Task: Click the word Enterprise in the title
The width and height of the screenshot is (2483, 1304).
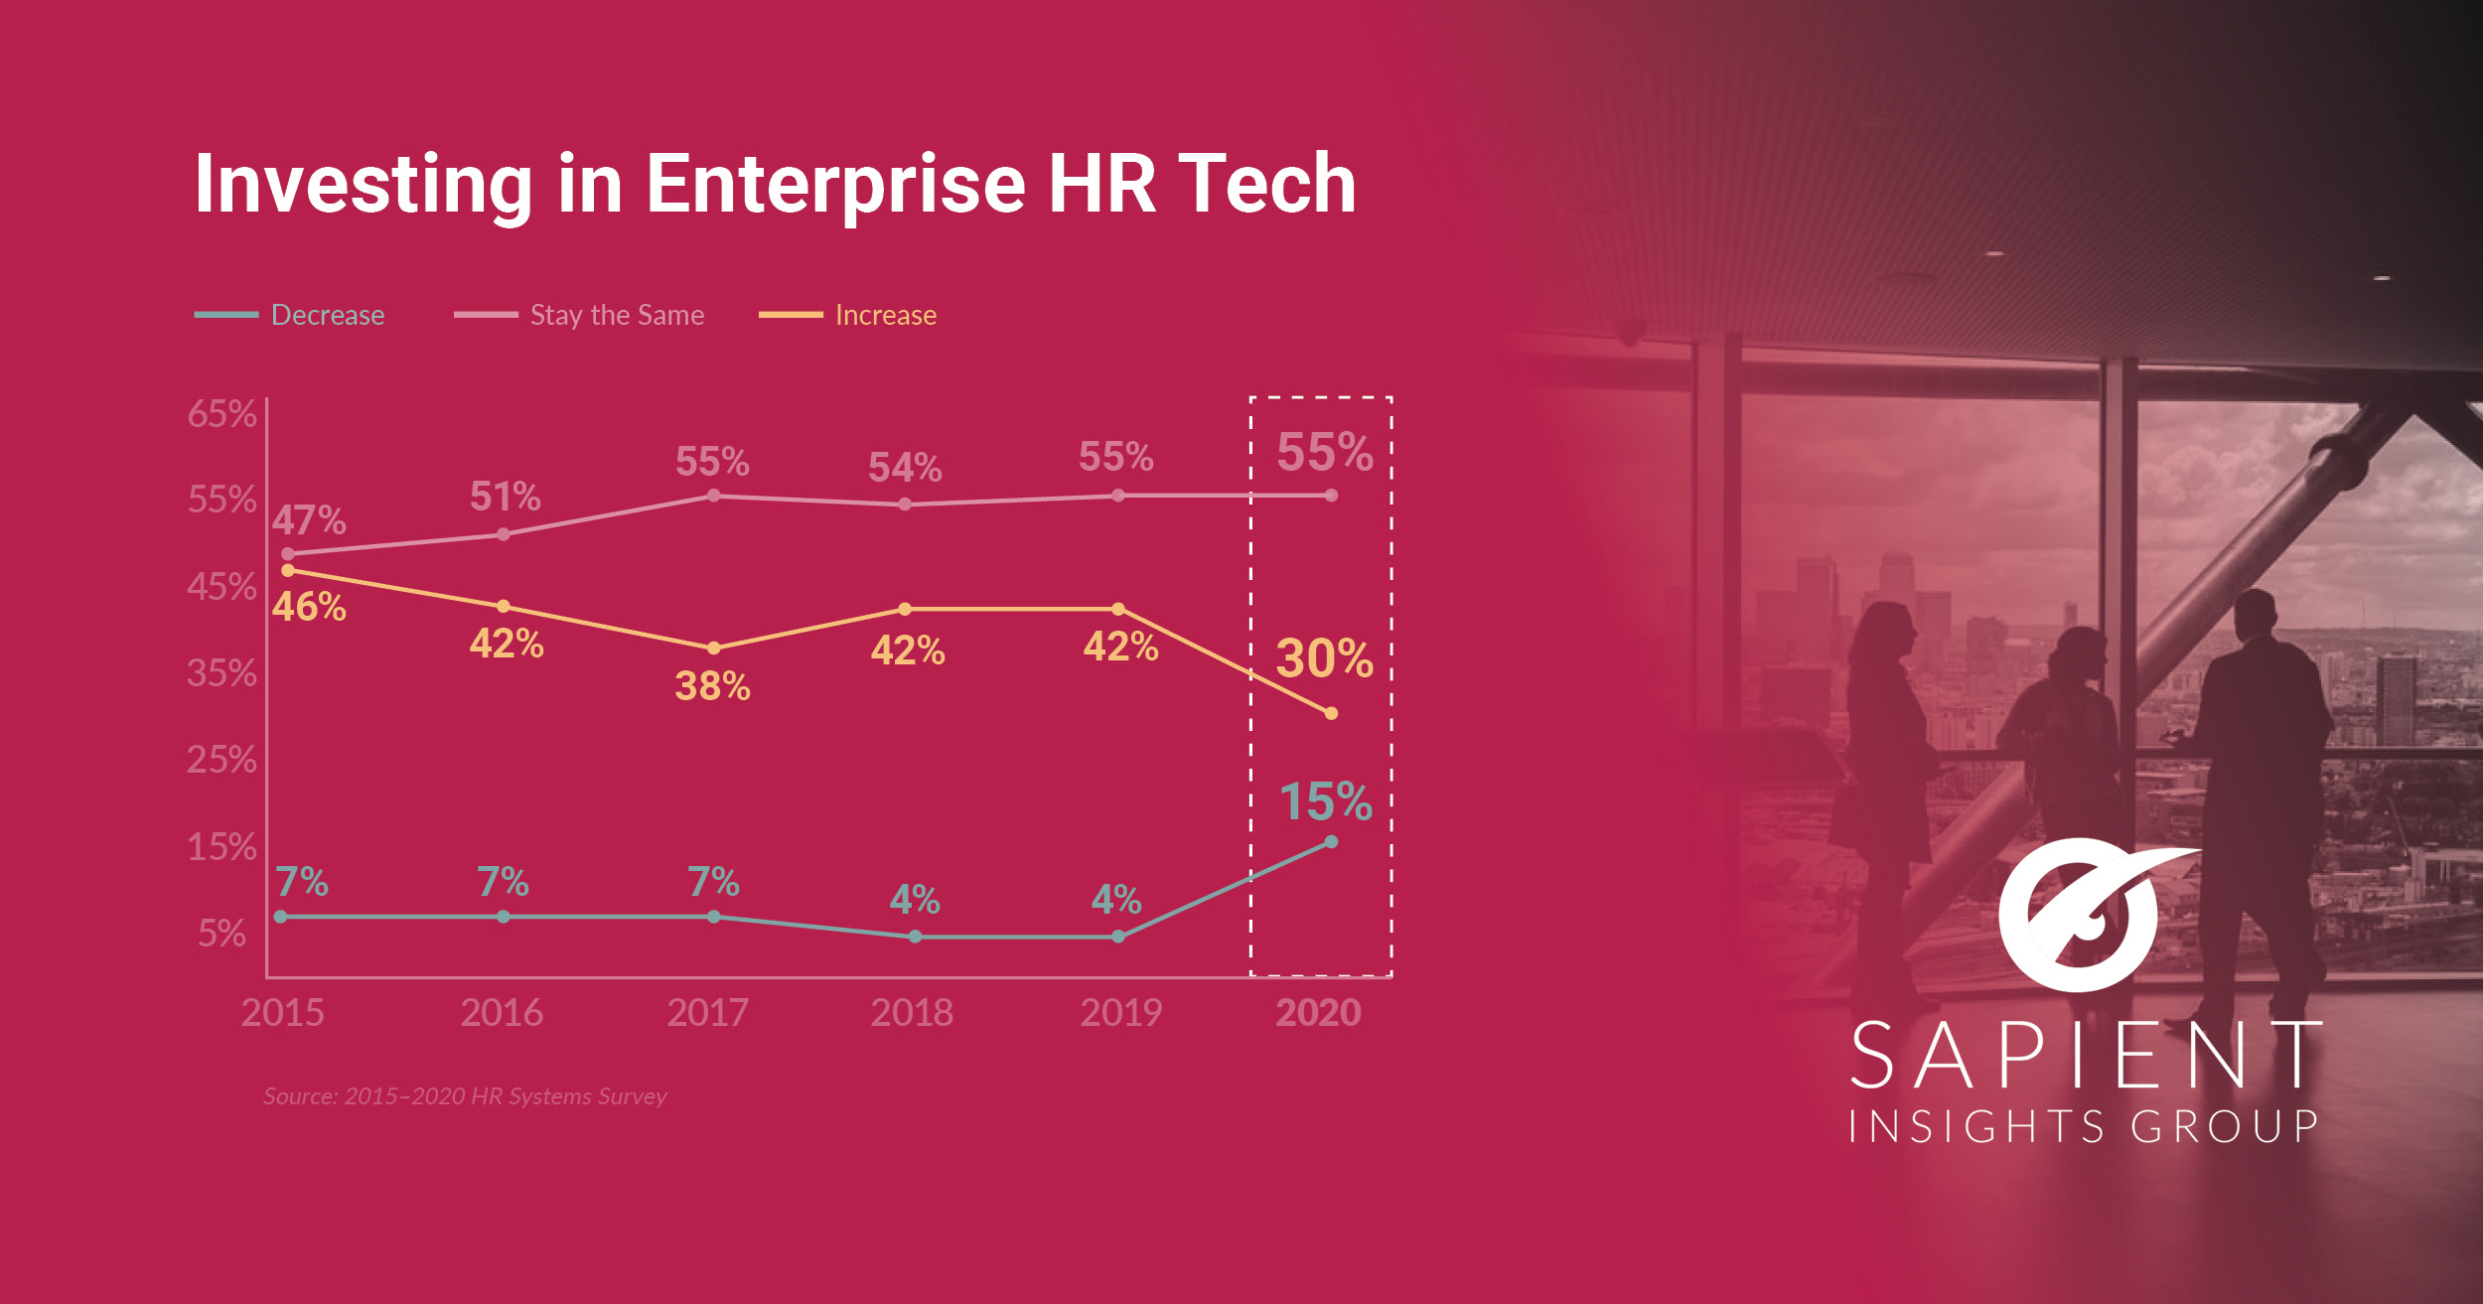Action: pyautogui.click(x=835, y=185)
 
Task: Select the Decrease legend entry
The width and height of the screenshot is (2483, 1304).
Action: pyautogui.click(x=327, y=315)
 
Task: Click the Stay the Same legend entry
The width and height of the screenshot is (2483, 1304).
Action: pyautogui.click(x=616, y=315)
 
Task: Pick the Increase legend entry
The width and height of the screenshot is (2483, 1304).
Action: pyautogui.click(x=885, y=315)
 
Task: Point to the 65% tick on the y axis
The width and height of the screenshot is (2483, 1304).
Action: pyautogui.click(x=221, y=414)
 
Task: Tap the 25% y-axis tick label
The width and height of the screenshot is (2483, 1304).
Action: pyautogui.click(x=221, y=760)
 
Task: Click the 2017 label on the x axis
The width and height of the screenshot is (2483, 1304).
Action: pyautogui.click(x=707, y=1013)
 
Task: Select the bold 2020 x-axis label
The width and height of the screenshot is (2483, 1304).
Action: pyautogui.click(x=1318, y=1013)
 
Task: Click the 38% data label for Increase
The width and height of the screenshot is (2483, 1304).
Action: pyautogui.click(x=712, y=686)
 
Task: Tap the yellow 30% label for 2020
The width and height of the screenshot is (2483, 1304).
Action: pyautogui.click(x=1324, y=658)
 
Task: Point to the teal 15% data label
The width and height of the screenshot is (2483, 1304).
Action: pyautogui.click(x=1325, y=801)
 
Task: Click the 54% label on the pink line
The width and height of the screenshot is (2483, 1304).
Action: pyautogui.click(x=905, y=468)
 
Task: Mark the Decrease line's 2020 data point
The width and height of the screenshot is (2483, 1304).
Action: pyautogui.click(x=1331, y=842)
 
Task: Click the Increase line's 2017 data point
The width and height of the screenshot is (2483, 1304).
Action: pyautogui.click(x=713, y=649)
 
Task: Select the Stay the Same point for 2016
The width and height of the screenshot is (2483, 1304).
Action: pyautogui.click(x=504, y=534)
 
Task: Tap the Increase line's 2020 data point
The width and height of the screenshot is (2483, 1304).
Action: pyautogui.click(x=1331, y=713)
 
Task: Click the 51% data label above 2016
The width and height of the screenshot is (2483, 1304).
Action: pyautogui.click(x=505, y=497)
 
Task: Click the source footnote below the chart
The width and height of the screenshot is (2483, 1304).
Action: pyautogui.click(x=465, y=1096)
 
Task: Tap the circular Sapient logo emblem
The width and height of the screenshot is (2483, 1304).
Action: pyautogui.click(x=2081, y=917)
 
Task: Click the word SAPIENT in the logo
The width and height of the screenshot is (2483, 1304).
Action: pyautogui.click(x=2086, y=1055)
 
